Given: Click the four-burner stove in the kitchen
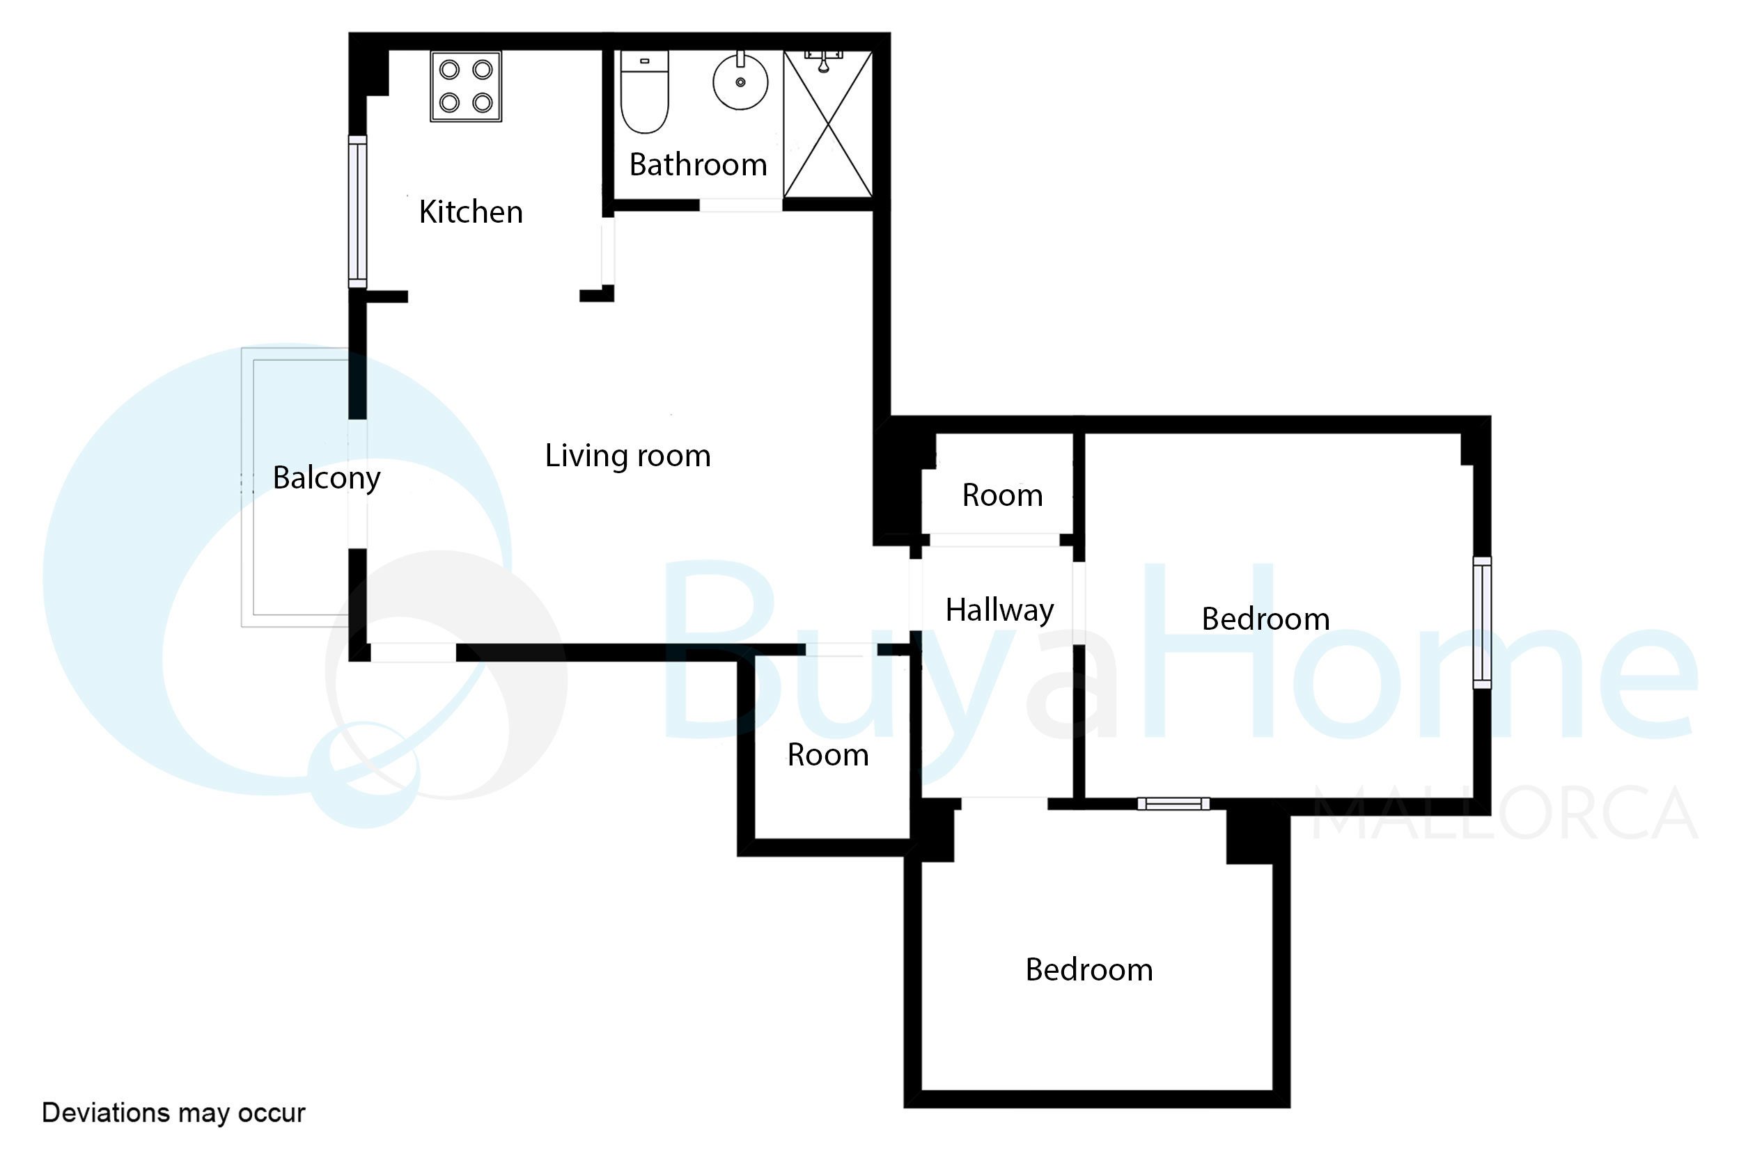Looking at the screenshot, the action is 467,86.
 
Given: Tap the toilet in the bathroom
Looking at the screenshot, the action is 644,92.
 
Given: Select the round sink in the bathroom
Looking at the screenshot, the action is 740,81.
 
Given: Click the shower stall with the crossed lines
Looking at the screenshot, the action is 828,124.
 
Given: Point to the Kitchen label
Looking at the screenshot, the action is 471,212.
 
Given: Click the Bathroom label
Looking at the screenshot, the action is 698,164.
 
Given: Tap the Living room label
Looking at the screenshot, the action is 627,456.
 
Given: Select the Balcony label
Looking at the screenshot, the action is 327,479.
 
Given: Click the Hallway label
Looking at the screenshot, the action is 999,611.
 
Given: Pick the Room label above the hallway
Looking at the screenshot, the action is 1002,495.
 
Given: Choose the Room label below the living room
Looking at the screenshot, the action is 827,754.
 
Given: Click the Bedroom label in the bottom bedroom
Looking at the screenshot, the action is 1089,969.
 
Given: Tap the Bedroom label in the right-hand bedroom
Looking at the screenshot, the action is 1265,619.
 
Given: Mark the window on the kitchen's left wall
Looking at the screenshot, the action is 357,212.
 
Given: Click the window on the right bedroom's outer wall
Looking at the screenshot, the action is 1482,623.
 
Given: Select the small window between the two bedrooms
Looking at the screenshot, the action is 1173,804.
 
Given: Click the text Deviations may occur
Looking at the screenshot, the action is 173,1113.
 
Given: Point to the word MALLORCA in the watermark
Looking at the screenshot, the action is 1505,813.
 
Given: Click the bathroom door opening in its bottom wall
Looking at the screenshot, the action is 741,205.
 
